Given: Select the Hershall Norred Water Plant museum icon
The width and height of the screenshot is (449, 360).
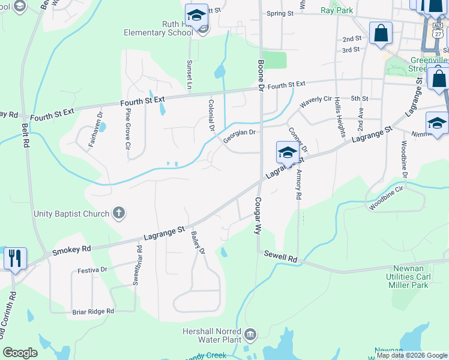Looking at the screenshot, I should pos(250,333).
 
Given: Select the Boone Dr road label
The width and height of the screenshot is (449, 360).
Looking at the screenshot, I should pos(261,74).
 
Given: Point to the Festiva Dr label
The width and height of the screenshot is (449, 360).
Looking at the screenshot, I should pos(93,270).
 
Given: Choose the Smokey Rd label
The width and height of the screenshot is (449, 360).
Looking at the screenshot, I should pos(71,249).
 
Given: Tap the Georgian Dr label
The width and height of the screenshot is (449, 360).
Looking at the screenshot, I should pos(240,137).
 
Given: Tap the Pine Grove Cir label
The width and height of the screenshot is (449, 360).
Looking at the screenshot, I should pos(128,128).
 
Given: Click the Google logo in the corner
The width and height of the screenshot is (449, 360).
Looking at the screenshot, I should pos(20,353).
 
